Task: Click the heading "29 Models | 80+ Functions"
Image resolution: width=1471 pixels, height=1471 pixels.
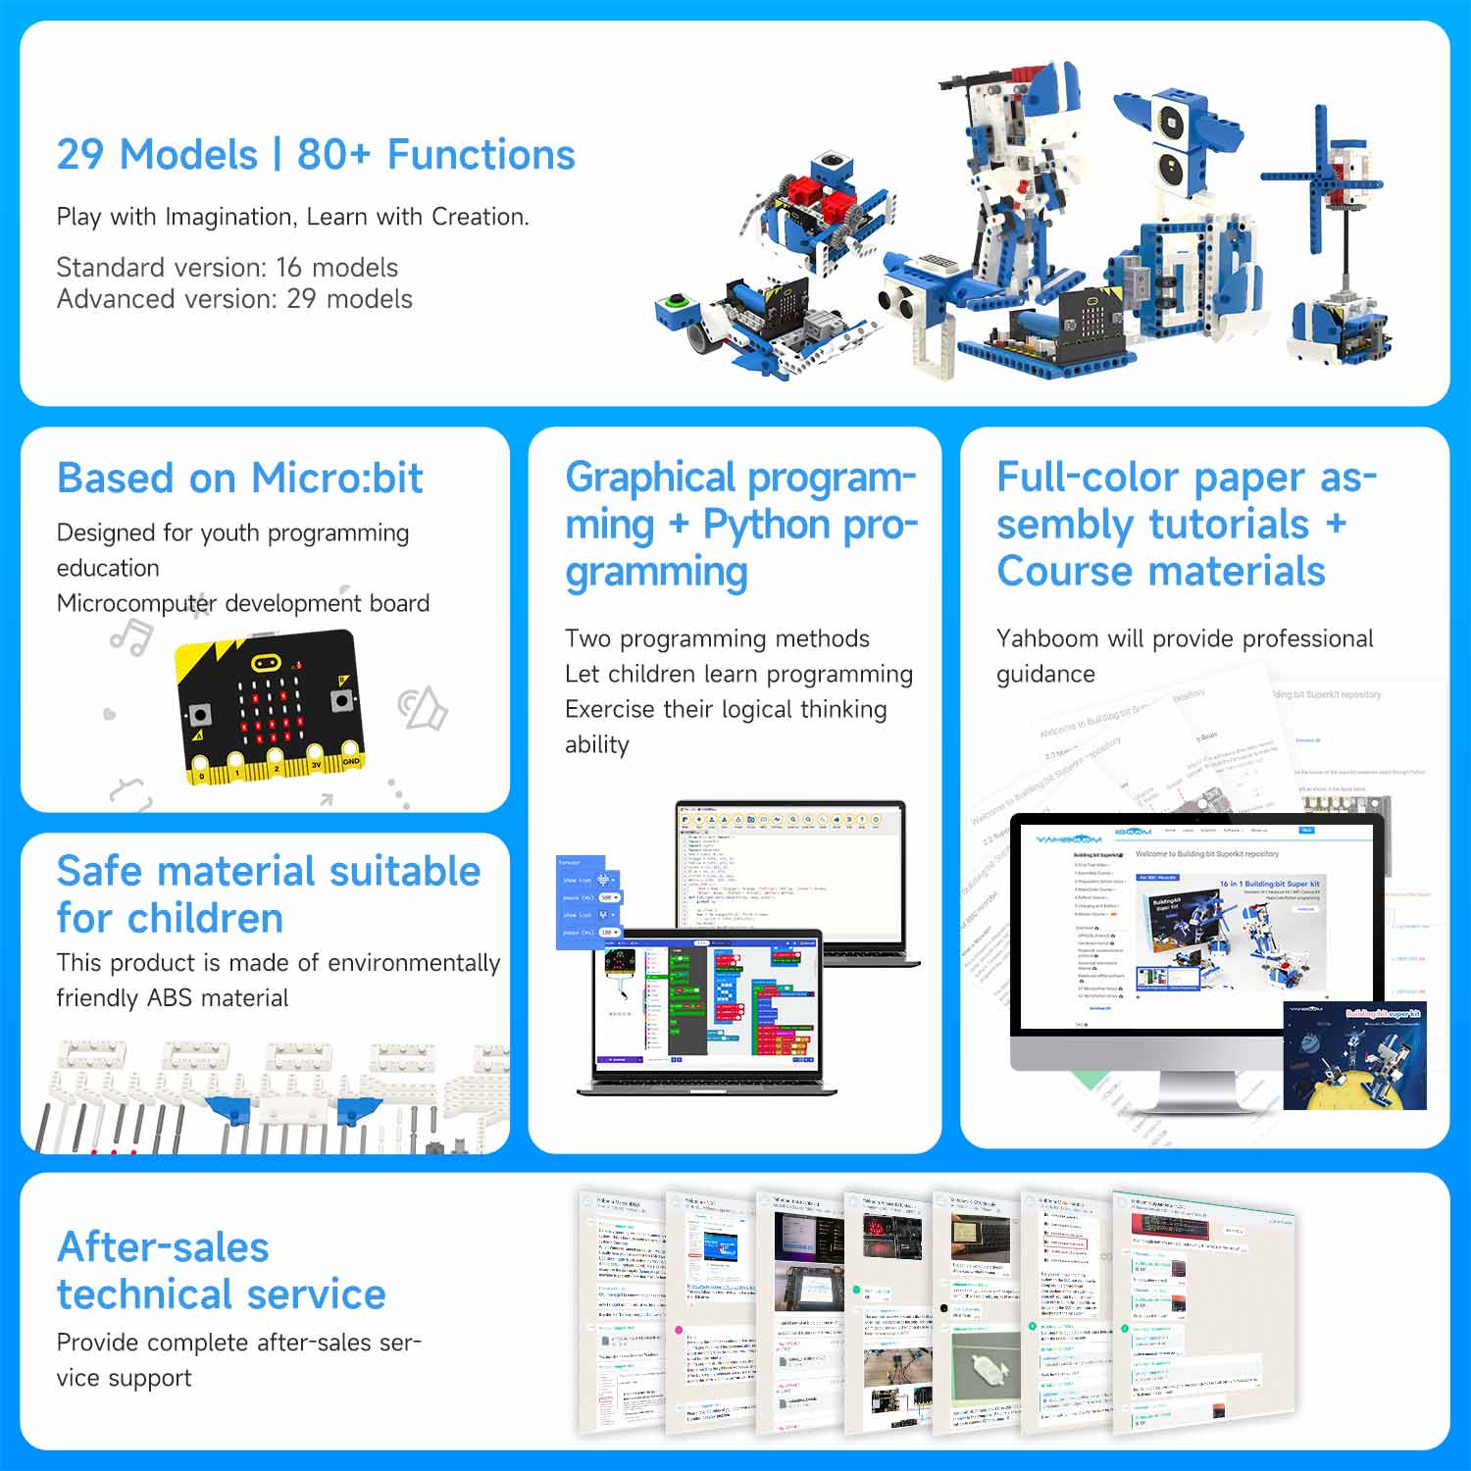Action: click(x=315, y=155)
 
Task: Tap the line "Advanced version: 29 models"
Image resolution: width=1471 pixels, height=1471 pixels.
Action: click(x=234, y=299)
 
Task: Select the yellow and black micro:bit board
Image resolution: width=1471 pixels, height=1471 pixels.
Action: click(x=269, y=706)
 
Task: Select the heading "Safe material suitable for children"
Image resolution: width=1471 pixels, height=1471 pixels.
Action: click(x=268, y=894)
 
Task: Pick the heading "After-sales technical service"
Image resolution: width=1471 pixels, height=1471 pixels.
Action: click(x=221, y=1271)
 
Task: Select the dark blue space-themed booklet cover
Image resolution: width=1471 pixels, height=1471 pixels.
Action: click(x=1354, y=1055)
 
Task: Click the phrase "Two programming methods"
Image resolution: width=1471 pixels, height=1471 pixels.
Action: click(x=717, y=639)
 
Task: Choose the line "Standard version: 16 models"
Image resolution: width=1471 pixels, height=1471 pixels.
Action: click(x=227, y=268)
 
